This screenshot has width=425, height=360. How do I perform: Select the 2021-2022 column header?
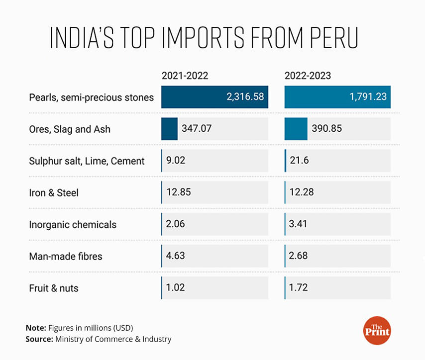(x=185, y=76)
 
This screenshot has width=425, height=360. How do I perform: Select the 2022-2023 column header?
(x=308, y=76)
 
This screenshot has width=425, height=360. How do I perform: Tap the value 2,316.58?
(x=244, y=97)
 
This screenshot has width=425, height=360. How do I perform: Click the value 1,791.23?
(x=368, y=97)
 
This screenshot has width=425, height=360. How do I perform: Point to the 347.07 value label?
(x=197, y=129)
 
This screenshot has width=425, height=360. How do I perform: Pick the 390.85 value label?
(x=327, y=129)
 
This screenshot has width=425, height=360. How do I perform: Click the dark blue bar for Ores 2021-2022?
(x=169, y=129)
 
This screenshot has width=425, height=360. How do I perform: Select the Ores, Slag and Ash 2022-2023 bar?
(x=296, y=129)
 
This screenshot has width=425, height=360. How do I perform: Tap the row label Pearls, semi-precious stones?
(x=91, y=97)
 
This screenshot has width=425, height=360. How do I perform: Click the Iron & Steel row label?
(x=54, y=192)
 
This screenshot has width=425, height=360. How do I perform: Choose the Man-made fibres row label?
(x=66, y=256)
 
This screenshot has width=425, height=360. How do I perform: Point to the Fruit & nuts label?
(x=54, y=288)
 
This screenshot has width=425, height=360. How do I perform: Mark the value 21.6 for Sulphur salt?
(x=298, y=161)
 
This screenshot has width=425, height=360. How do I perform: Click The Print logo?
(x=377, y=330)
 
